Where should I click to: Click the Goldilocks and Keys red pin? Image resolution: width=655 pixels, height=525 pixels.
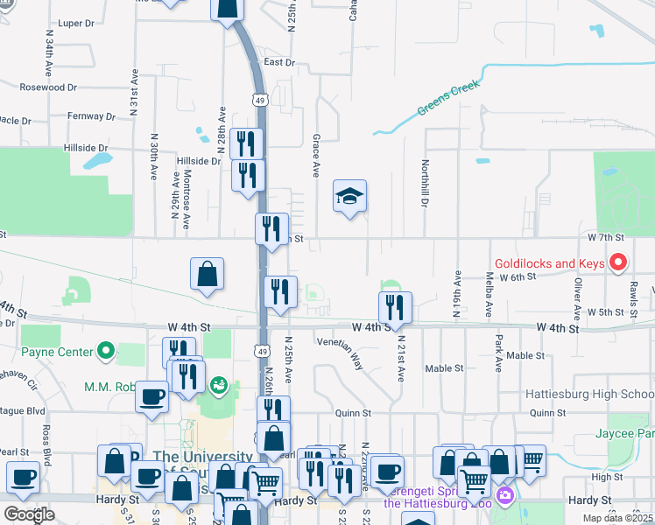coord(618,262)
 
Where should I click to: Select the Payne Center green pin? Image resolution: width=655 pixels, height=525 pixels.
coord(107,352)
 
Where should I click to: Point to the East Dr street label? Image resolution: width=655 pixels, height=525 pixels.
coord(279,62)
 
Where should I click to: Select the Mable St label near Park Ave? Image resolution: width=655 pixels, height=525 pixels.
coord(525,355)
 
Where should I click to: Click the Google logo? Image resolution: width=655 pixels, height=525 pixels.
coord(29,514)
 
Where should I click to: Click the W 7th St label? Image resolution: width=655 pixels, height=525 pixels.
coord(605,237)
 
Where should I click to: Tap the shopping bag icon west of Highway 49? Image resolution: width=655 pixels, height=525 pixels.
coord(207,274)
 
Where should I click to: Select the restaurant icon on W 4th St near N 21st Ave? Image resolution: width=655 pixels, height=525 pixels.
coord(395,307)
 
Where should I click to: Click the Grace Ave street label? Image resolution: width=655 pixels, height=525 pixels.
coord(315,154)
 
